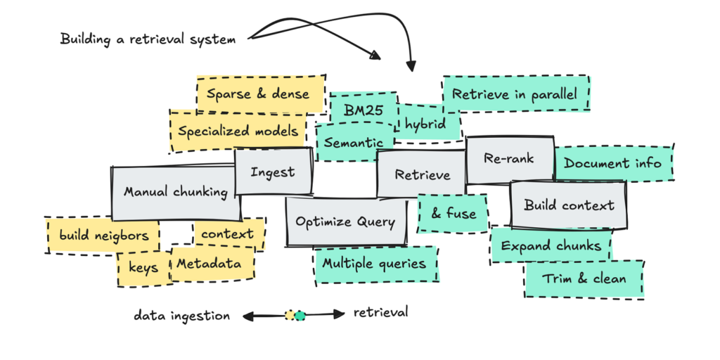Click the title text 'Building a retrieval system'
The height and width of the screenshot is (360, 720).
(148, 39)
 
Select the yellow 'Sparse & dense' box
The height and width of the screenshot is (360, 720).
(258, 93)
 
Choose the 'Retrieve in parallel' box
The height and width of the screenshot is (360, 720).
(514, 94)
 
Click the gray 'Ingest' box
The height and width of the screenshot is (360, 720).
(273, 172)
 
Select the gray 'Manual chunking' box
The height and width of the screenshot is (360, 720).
(175, 192)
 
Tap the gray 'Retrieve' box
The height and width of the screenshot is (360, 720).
(422, 174)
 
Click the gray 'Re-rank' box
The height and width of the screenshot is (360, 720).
(509, 159)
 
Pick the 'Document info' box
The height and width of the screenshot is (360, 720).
(612, 164)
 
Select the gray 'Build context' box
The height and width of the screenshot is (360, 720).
(569, 205)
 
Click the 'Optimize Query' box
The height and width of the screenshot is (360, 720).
(345, 222)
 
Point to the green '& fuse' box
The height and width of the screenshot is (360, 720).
(454, 214)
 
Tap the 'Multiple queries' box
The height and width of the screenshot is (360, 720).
(374, 264)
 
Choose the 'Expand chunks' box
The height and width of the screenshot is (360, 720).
(551, 245)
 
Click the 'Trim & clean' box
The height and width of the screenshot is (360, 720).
(584, 278)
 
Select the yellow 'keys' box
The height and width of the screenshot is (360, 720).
(143, 268)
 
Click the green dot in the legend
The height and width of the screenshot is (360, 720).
(300, 316)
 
